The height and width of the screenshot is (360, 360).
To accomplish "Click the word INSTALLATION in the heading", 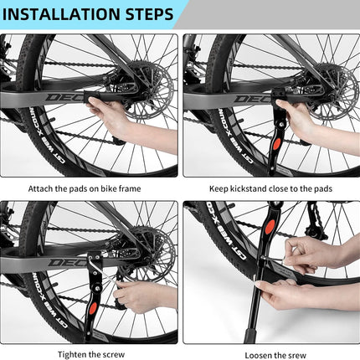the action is coord(62,14).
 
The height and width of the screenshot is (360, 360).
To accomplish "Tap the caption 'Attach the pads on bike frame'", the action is coord(85,188).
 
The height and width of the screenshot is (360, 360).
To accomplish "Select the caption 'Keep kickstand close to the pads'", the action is coord(270,188).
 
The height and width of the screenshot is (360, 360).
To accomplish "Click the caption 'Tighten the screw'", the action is coord(91,354).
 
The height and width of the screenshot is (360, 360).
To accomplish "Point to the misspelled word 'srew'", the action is coord(296,356).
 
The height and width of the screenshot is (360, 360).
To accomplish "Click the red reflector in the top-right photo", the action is coord(276,144).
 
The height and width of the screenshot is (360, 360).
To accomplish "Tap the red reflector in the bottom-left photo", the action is coord(93,308).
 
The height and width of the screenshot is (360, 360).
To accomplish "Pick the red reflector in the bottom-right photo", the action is coord(270,226).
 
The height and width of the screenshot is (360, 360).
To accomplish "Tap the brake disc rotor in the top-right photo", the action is coord(333,90).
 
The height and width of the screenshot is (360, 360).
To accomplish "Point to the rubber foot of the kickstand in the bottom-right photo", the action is coord(249,336).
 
